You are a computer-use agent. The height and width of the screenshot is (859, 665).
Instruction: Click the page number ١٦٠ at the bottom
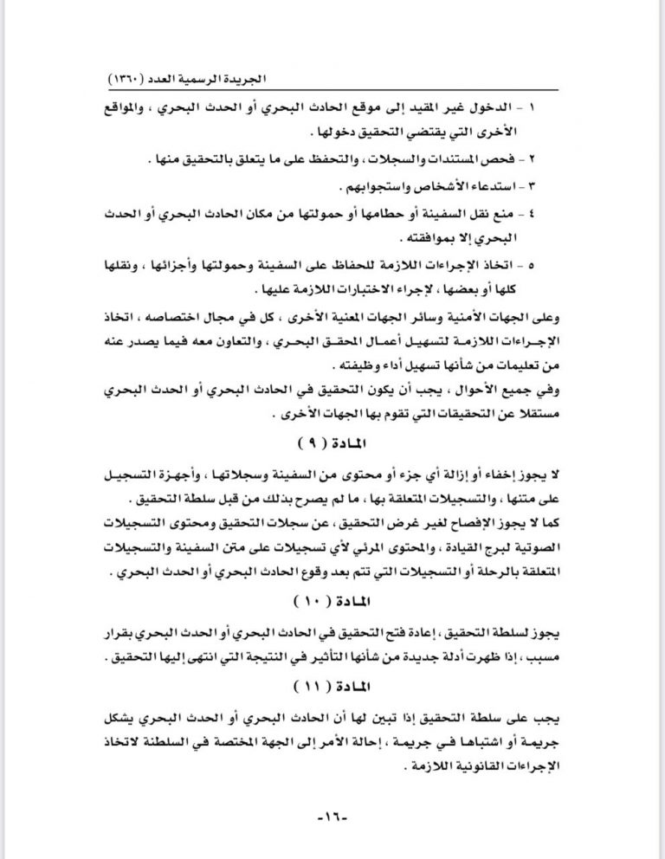(332, 817)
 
